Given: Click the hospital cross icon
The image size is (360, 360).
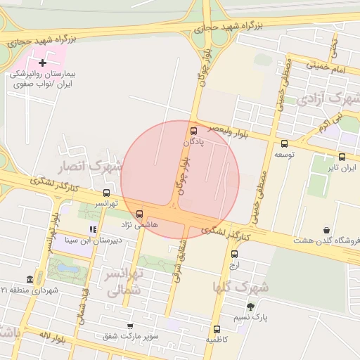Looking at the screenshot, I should coord(43,63).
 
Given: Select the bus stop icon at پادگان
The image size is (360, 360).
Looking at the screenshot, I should coord(194,130).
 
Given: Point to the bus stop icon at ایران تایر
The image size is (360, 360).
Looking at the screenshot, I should coord(342,157).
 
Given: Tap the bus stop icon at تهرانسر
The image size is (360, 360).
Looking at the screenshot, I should coord(106,193).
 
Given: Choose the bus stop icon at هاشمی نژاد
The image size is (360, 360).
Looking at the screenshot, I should coord(139,213).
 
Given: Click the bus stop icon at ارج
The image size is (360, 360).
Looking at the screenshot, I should coord(234,255).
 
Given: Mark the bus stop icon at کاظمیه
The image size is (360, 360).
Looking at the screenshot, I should coord(217,328).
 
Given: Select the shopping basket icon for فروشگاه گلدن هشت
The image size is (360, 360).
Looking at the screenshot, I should coord(327,229).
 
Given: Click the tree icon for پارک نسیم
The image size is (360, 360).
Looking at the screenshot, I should coord(250,307).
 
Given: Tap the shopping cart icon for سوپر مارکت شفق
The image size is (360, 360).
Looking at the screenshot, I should coord(130,326).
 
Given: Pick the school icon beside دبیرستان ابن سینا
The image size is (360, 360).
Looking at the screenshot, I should coord(92,229).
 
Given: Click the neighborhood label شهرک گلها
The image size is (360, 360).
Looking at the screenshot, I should coord(240,287).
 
